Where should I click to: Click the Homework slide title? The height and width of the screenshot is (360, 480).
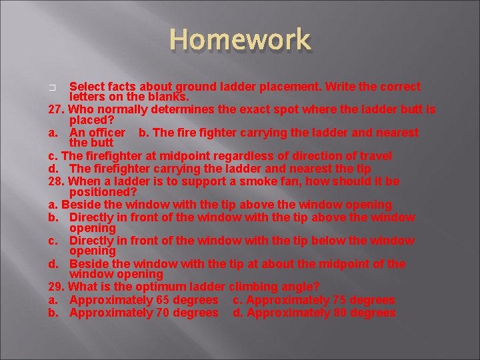tap(239, 39)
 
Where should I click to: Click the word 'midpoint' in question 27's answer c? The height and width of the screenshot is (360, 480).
tap(160, 156)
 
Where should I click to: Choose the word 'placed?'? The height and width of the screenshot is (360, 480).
tap(92, 120)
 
